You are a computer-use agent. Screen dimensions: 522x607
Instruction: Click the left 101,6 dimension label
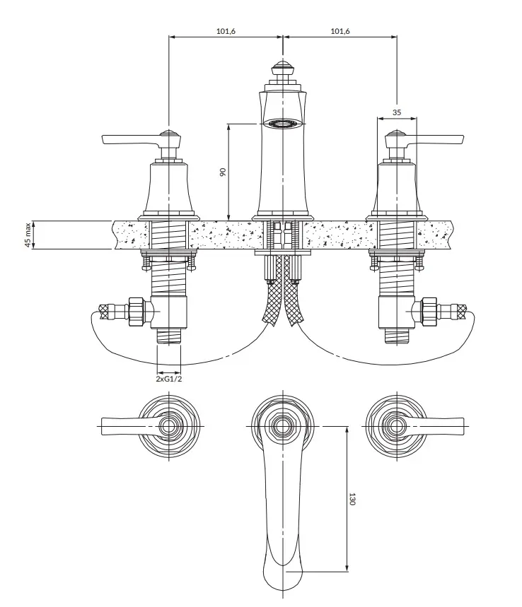point(226,31)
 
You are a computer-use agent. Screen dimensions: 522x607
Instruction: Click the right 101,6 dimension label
point(340,31)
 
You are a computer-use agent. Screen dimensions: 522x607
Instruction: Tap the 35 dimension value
point(396,112)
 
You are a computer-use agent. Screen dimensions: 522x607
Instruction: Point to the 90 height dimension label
point(222,172)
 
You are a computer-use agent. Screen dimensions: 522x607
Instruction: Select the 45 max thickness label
point(28,235)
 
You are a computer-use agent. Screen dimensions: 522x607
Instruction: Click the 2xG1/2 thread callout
point(168,379)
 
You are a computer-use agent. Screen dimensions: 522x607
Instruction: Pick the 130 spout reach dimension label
point(352,499)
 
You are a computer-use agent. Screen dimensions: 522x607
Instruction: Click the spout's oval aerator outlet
point(282,124)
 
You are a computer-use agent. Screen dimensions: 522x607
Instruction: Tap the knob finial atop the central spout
point(282,69)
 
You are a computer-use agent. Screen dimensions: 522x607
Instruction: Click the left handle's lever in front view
point(131,140)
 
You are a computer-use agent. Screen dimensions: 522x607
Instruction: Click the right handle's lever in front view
point(434,140)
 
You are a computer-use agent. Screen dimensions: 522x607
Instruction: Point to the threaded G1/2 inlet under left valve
point(168,336)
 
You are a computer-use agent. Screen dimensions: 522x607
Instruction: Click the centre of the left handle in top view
point(168,426)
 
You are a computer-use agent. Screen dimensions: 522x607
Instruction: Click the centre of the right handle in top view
point(396,426)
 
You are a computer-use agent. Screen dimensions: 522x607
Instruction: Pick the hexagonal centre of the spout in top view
point(282,426)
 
